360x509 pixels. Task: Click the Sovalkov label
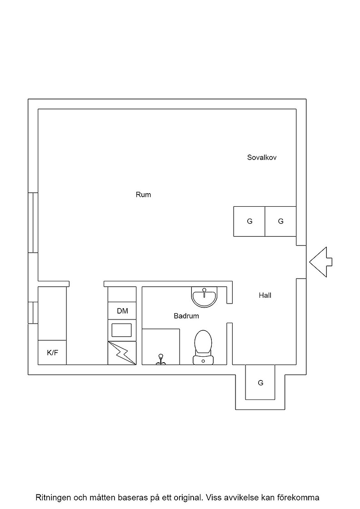tap(262, 157)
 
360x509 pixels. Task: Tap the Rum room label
tap(143, 195)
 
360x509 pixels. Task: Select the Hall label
tap(265, 295)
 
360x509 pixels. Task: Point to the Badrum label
tap(186, 316)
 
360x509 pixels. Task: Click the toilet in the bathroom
tap(203, 347)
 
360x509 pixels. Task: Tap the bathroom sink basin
tap(204, 296)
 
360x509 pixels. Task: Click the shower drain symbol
tap(160, 359)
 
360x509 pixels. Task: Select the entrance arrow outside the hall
tap(321, 262)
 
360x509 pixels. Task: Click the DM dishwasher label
tap(122, 311)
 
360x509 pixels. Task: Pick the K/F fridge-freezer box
tap(52, 353)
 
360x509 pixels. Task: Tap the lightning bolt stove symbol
tap(122, 353)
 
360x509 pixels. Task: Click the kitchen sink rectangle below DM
tap(122, 330)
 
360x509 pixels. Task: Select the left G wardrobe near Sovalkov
tap(249, 221)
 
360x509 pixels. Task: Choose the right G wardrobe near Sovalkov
tap(280, 221)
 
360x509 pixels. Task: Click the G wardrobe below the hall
tap(260, 382)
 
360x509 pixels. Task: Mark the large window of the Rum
tap(33, 223)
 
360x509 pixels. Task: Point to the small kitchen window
tap(33, 313)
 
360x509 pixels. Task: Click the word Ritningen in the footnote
tap(53, 498)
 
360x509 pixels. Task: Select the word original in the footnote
tap(190, 498)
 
